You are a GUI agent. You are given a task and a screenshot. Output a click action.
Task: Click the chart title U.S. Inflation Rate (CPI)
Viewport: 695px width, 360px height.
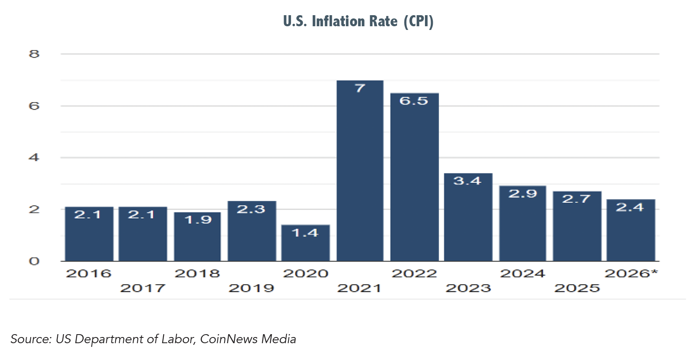click(358, 21)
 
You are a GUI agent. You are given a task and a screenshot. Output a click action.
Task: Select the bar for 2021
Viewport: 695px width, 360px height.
click(360, 172)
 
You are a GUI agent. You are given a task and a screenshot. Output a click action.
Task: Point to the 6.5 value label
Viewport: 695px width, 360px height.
click(414, 101)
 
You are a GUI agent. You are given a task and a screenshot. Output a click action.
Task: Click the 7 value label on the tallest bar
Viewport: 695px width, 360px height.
click(360, 88)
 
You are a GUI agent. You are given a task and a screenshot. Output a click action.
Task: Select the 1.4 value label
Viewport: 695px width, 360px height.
click(305, 233)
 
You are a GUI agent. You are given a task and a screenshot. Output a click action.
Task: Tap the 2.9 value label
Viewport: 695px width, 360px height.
click(522, 194)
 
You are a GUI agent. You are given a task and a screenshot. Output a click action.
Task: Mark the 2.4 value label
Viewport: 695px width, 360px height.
click(630, 207)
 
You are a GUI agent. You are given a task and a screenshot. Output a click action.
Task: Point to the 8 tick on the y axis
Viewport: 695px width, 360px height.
click(34, 54)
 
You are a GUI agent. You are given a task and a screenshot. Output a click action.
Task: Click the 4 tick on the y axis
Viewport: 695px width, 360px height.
click(34, 157)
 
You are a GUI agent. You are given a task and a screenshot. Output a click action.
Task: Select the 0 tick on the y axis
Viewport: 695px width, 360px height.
click(34, 261)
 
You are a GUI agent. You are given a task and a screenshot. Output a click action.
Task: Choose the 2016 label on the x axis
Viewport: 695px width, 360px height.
click(89, 273)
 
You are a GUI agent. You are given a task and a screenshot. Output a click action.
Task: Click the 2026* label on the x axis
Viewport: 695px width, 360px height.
click(631, 273)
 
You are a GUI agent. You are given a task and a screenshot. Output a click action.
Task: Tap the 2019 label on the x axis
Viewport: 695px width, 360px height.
click(251, 288)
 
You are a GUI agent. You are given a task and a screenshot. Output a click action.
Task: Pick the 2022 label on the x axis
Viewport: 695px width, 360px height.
click(414, 273)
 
